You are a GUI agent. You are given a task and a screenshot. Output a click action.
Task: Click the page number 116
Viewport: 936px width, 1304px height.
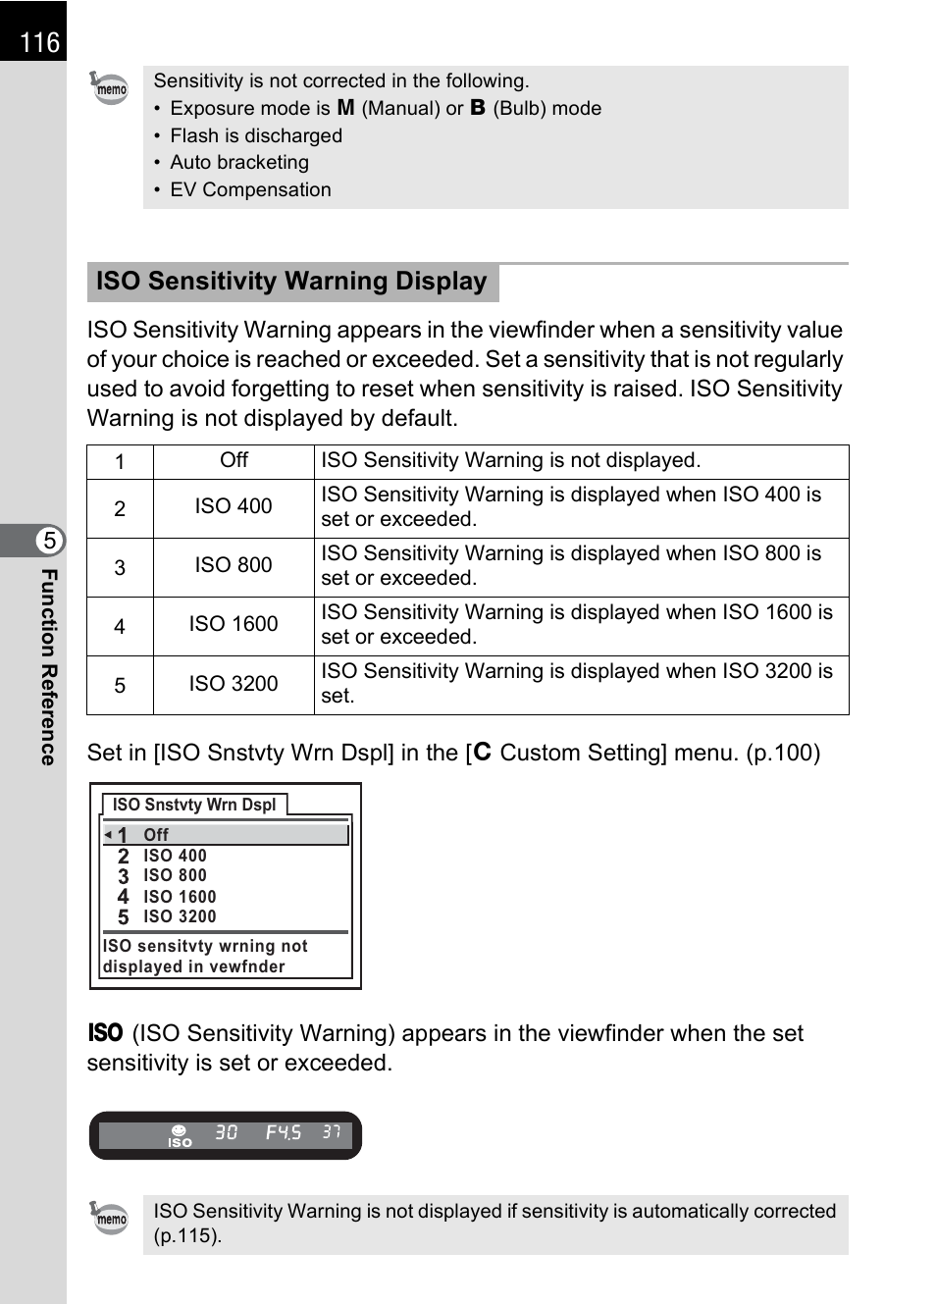pyautogui.click(x=39, y=42)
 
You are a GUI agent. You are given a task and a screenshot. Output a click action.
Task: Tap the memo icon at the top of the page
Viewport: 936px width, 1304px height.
pyautogui.click(x=109, y=88)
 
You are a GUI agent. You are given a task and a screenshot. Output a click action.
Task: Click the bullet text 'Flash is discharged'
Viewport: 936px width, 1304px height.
pyautogui.click(x=255, y=135)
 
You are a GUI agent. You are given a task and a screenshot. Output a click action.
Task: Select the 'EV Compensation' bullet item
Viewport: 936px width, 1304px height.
pyautogui.click(x=250, y=189)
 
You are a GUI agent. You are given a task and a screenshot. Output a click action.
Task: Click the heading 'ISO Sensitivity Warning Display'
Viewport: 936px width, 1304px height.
pyautogui.click(x=291, y=282)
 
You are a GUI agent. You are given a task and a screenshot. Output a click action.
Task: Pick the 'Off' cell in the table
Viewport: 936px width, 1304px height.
pyautogui.click(x=234, y=460)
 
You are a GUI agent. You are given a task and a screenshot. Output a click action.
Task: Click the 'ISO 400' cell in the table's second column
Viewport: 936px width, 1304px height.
pyautogui.click(x=234, y=506)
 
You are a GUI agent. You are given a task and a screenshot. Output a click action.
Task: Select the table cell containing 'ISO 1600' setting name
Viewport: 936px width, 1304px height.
pyautogui.click(x=234, y=624)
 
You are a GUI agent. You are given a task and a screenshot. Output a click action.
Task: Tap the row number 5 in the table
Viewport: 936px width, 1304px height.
pyautogui.click(x=120, y=685)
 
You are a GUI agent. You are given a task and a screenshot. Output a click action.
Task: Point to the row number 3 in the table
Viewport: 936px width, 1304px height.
pyautogui.click(x=120, y=567)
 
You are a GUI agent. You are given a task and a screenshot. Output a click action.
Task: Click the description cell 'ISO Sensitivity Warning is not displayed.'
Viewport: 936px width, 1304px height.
pyautogui.click(x=510, y=460)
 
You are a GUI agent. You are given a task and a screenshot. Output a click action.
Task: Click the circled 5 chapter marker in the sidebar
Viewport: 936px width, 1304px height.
pyautogui.click(x=49, y=541)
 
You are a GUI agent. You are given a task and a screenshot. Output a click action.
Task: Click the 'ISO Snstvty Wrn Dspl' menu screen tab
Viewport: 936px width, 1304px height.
pyautogui.click(x=194, y=805)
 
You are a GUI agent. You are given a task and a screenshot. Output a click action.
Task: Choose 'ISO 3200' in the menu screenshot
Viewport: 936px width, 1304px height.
pyautogui.click(x=180, y=916)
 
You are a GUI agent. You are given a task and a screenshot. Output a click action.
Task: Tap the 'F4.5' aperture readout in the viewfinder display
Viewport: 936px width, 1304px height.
pyautogui.click(x=283, y=1132)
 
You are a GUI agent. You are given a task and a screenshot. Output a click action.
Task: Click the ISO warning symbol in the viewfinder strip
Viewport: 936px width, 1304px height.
pyautogui.click(x=180, y=1136)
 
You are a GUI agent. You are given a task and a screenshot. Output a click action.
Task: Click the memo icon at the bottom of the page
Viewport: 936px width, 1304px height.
pyautogui.click(x=109, y=1218)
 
